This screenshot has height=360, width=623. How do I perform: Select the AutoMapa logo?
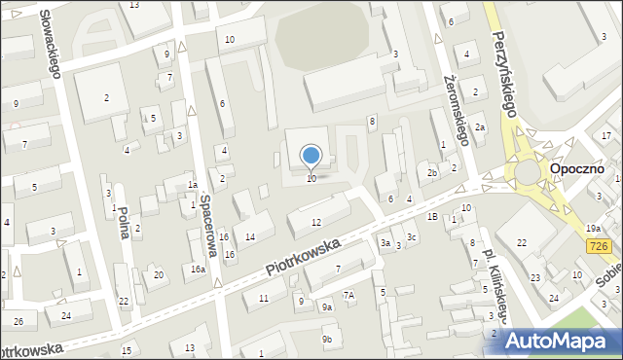click(562, 340)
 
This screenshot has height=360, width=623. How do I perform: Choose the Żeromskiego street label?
click(455, 109)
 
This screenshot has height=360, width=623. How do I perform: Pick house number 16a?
click(198, 270)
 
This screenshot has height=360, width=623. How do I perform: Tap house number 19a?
click(593, 229)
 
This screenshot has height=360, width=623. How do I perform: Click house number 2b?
click(432, 173)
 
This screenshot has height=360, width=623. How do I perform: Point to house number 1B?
click(431, 216)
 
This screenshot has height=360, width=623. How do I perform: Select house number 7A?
click(348, 295)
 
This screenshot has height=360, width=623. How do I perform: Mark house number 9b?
click(328, 339)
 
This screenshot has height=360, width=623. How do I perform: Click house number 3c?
click(412, 237)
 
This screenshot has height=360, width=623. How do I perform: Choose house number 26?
click(18, 321)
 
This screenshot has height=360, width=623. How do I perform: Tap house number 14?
click(250, 237)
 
